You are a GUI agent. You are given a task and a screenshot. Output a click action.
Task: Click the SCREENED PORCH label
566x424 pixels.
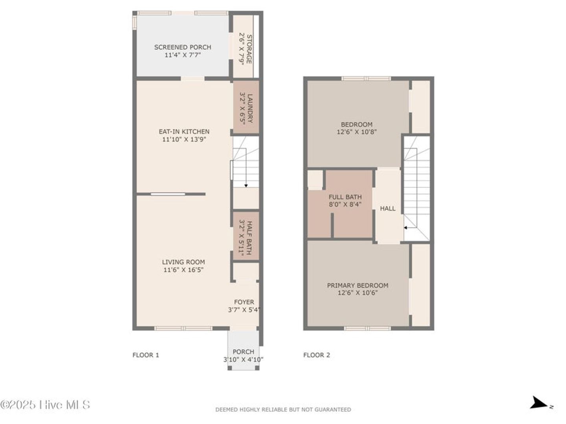[x=183, y=47]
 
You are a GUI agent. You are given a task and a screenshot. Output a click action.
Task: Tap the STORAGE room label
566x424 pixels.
[x=249, y=49]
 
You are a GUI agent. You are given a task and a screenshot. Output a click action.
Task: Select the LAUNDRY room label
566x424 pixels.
[x=250, y=108]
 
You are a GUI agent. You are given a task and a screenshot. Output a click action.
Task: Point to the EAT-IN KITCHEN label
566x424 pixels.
[x=184, y=132]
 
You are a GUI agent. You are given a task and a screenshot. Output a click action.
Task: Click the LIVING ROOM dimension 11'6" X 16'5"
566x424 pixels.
[x=183, y=270]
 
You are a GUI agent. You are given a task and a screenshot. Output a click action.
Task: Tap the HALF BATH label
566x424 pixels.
[x=249, y=238]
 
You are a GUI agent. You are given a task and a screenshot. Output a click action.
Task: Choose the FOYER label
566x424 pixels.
[x=244, y=302]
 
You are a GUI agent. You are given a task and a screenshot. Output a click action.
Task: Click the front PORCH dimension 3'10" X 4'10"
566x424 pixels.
[x=243, y=359]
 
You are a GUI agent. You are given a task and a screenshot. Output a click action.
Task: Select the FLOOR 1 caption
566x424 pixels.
[x=146, y=355]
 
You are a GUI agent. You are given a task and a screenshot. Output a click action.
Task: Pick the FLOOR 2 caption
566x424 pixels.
[x=316, y=355]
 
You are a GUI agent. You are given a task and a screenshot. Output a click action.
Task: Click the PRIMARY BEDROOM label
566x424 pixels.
[x=358, y=285]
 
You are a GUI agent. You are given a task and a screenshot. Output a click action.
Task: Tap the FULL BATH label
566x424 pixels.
[x=345, y=197]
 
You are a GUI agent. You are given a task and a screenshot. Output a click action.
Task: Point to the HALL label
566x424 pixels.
[x=387, y=208]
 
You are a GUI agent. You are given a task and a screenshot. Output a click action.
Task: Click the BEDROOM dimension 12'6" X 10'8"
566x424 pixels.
[x=357, y=132]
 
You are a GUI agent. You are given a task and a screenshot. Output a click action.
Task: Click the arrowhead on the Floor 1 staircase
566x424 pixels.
[x=246, y=186]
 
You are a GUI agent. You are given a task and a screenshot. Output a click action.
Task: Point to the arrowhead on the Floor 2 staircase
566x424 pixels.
[x=406, y=228]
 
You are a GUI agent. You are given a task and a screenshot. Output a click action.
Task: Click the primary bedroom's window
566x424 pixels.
[x=367, y=329]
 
